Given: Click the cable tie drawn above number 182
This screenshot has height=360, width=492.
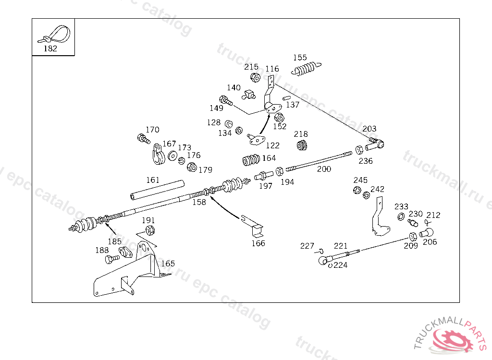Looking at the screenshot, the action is [54, 35].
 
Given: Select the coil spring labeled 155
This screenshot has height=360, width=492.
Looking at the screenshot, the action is [306, 68].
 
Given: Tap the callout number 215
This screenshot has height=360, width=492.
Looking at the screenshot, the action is [251, 67].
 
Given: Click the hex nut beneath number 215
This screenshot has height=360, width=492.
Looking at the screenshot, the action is [256, 77].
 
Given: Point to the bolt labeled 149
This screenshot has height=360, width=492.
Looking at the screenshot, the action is [226, 101].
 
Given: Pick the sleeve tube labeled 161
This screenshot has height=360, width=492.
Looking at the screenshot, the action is [157, 190].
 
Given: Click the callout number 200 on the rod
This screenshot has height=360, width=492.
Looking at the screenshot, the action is [324, 169].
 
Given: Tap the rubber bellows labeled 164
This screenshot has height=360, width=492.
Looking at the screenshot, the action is [251, 160].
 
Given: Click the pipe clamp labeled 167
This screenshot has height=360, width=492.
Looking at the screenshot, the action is [159, 154].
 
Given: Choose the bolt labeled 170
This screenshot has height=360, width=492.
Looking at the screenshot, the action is [144, 138].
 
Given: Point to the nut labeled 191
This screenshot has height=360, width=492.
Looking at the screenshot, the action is [150, 230].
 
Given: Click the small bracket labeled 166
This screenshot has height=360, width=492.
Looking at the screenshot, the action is [253, 226].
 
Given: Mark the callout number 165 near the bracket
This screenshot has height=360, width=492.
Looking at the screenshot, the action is [168, 264].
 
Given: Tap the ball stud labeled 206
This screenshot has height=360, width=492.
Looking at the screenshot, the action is [427, 233].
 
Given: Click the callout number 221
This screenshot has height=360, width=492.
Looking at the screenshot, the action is [341, 246].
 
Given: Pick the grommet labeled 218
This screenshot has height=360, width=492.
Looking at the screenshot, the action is [302, 145].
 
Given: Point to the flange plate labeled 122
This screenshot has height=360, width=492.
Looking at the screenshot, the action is [257, 139].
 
